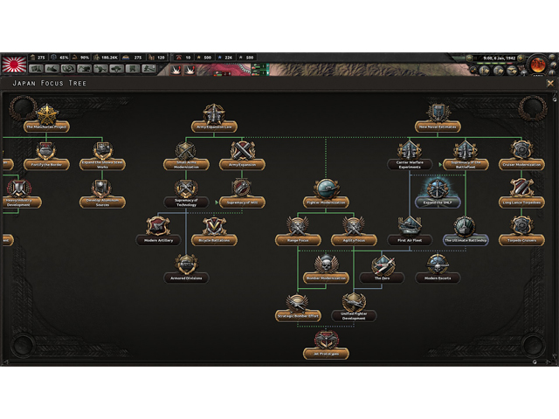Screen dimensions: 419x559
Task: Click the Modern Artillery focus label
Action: click(x=159, y=240)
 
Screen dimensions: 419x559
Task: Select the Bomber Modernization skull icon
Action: click(x=326, y=264)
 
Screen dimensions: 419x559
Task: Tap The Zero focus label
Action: click(x=382, y=278)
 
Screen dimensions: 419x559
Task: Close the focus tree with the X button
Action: click(x=550, y=84)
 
